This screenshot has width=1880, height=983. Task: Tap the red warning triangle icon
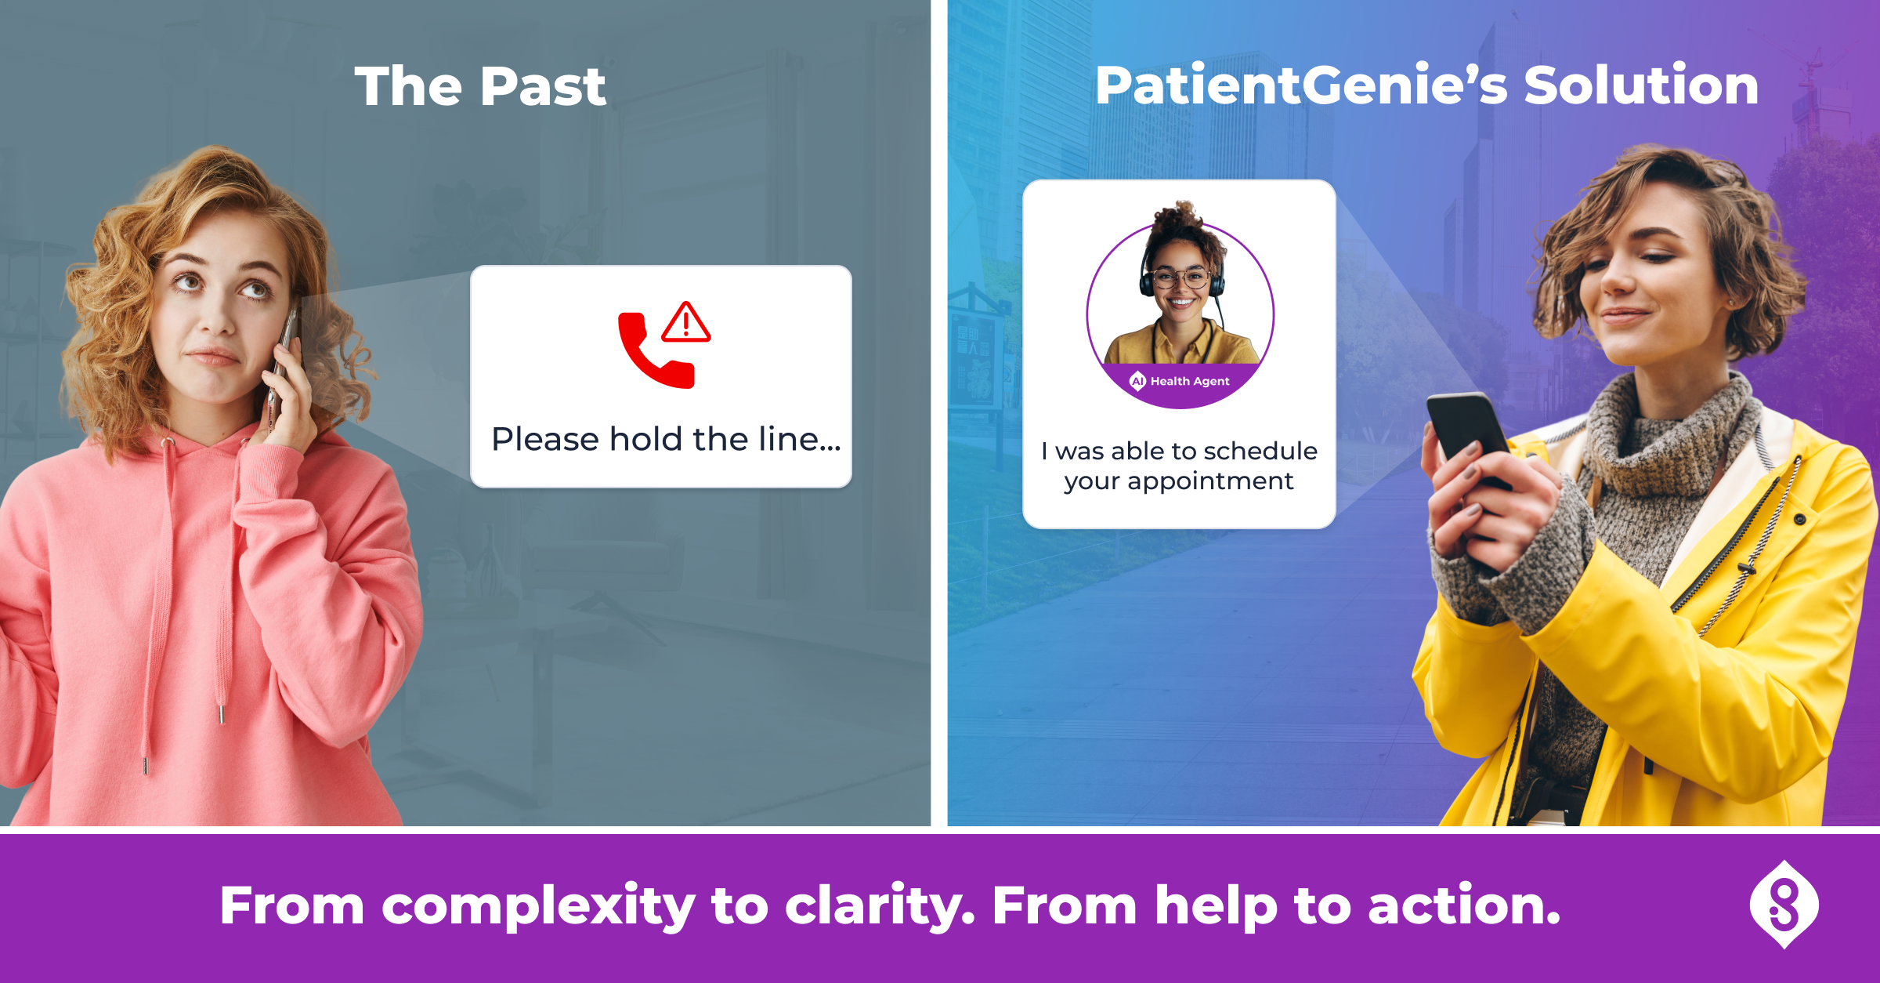coord(686,322)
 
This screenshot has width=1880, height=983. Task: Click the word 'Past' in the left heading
coord(544,86)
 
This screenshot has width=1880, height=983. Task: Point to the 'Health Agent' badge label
coord(1190,381)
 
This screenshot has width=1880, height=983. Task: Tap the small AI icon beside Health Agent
coord(1137,381)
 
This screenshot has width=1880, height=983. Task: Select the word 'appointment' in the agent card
coord(1210,482)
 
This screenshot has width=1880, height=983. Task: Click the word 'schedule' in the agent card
coord(1260,451)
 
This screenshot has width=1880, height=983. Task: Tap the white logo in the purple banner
coord(1784,905)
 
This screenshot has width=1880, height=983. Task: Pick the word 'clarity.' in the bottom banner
coord(880,907)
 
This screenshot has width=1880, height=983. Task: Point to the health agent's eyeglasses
coord(1180,277)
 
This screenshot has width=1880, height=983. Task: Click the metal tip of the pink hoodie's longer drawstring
coord(146,766)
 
